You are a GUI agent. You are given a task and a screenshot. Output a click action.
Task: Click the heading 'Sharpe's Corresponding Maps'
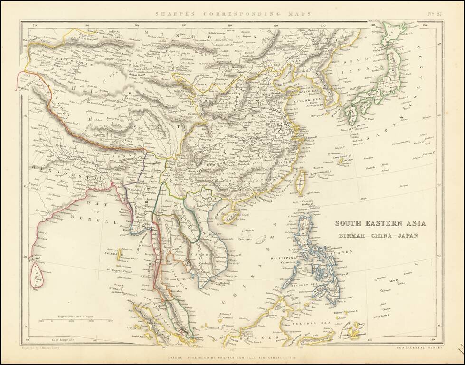pos(232,14)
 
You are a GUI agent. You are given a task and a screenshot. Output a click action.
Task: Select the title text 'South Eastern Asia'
pos(380,223)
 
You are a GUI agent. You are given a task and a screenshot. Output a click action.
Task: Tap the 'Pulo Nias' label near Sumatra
pos(133,336)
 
